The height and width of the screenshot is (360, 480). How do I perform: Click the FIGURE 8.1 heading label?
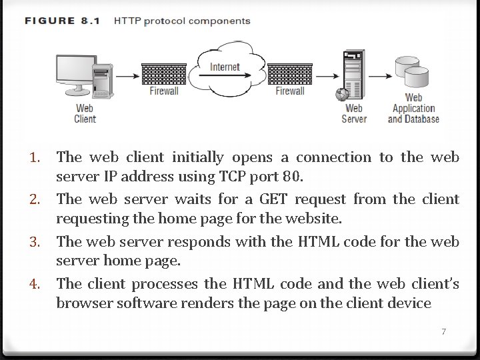coord(62,21)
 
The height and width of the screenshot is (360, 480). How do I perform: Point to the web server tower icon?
coord(352,75)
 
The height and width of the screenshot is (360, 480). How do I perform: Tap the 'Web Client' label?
coord(85,113)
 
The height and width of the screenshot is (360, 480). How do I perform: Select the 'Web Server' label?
coord(354,113)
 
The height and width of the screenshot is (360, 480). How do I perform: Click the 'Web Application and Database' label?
coord(413,108)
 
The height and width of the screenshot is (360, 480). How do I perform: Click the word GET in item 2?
coord(275,199)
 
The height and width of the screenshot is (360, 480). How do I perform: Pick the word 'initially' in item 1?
coord(198,158)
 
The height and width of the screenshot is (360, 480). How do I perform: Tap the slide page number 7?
coord(443,332)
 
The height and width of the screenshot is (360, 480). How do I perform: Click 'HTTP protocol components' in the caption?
coord(182,21)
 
